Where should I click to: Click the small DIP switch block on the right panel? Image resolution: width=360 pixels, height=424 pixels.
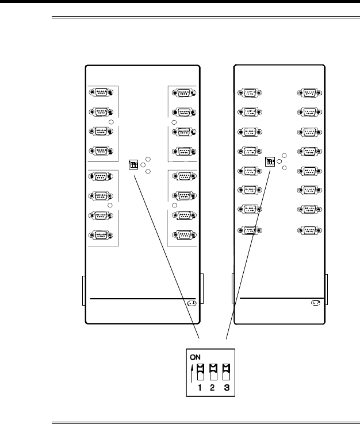pos(270,162)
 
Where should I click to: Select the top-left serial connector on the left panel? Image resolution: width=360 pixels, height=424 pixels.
pos(101,92)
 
